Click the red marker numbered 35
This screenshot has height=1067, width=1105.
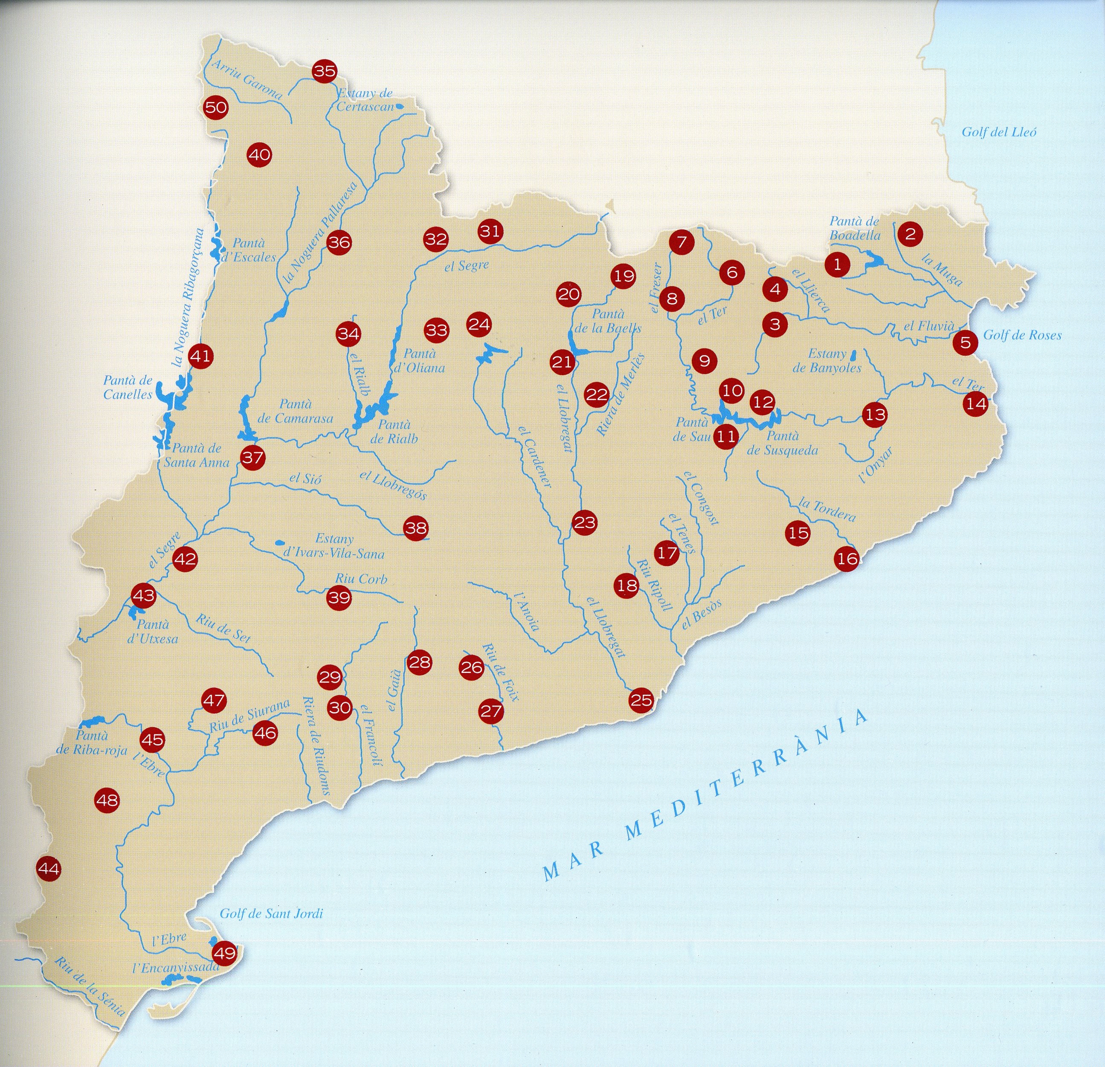(324, 72)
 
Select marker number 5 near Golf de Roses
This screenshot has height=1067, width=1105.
(965, 342)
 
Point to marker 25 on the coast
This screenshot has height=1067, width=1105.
(641, 701)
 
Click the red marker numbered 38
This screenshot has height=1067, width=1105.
(416, 528)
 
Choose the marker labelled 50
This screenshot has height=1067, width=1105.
(216, 107)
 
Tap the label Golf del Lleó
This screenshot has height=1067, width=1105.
(998, 133)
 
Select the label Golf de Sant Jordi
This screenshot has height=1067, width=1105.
(271, 913)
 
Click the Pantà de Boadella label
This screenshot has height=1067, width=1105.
(854, 228)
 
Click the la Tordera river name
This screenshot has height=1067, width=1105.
(827, 509)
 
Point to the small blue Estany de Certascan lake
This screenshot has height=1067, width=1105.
(399, 105)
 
